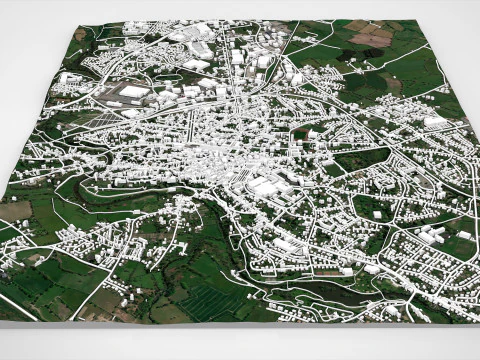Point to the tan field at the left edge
14,211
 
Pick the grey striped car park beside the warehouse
112,100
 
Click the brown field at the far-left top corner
80,33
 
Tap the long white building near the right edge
434,121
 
